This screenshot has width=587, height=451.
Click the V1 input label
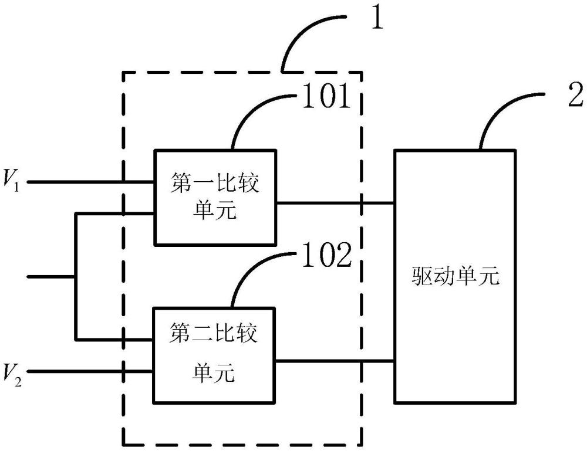coord(11,180)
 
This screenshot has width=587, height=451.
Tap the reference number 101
coord(326,96)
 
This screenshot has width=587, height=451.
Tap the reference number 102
coord(327,256)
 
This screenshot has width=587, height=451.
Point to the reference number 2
coord(575,95)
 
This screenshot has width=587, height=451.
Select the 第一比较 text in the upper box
coord(215,183)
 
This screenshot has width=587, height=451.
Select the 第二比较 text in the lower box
coord(214,333)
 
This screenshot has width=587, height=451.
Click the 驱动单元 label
coord(456,277)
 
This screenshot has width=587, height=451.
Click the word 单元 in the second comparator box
coord(214,372)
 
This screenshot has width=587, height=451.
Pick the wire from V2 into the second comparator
coord(90,371)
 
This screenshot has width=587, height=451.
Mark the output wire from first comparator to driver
coord(335,203)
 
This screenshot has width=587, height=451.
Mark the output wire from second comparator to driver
coord(335,361)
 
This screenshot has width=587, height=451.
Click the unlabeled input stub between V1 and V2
coord(51,277)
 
